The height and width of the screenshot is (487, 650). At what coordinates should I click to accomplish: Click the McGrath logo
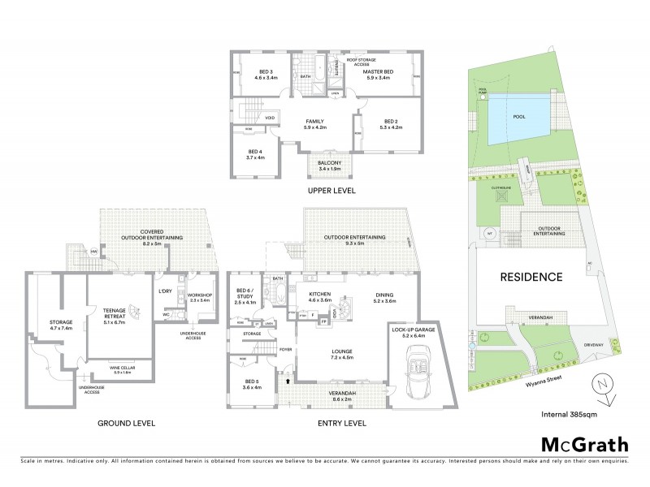[585, 444]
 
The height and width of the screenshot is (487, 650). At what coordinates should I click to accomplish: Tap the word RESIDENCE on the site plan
[531, 277]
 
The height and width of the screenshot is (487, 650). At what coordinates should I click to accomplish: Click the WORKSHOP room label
[199, 296]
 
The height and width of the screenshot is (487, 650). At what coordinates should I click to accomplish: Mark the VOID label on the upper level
[269, 119]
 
